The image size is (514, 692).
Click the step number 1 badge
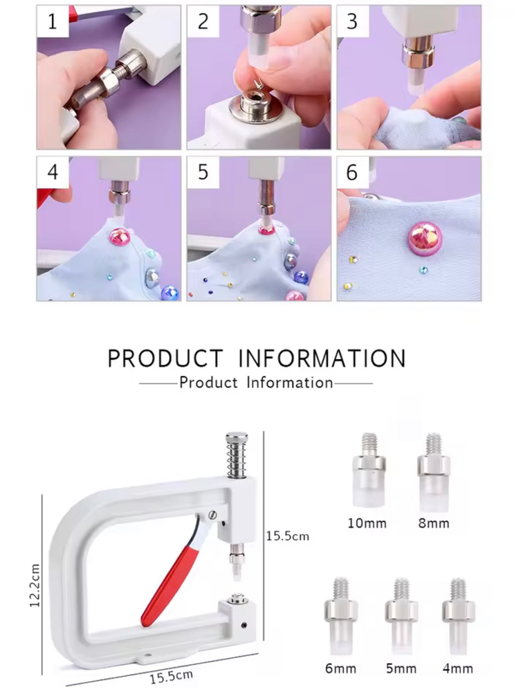[53, 21]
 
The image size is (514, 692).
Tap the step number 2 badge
[203, 21]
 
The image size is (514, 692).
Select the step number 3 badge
[352, 21]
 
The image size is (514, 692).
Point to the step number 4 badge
[53, 172]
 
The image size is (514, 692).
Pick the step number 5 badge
[203, 172]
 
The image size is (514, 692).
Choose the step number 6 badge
[352, 172]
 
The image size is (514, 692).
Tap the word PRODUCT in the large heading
[165, 358]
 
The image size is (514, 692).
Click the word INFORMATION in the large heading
[322, 358]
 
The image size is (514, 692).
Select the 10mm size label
[367, 523]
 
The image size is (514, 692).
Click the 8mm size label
[434, 523]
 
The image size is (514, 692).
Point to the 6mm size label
[340, 668]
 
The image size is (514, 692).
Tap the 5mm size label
[401, 668]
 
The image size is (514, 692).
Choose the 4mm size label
[457, 668]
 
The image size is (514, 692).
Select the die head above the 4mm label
[459, 616]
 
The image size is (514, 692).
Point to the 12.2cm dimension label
[35, 585]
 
